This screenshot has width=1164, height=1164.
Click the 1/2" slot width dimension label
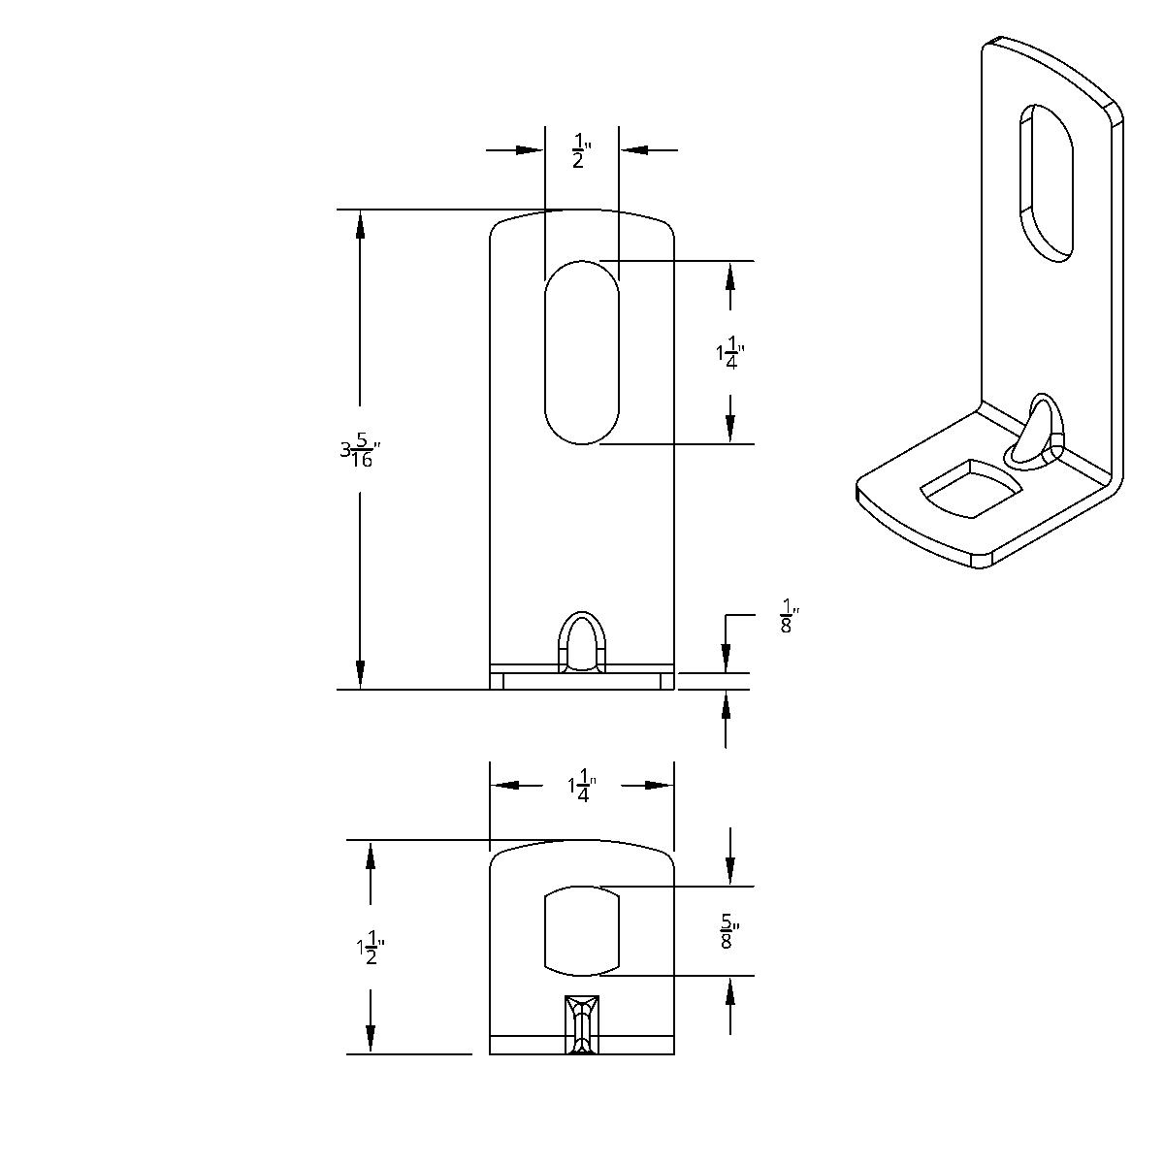point(581,152)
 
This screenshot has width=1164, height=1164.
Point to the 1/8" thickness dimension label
point(788,619)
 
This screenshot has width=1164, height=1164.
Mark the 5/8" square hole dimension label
point(731,931)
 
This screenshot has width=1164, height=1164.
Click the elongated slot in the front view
point(581,351)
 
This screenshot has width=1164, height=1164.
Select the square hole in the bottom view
point(581,930)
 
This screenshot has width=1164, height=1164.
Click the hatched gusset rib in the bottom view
point(582,1024)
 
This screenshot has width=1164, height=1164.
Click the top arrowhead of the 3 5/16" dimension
point(361,224)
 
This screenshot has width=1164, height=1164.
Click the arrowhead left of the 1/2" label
point(529,150)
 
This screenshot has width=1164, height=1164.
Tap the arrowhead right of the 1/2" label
point(634,150)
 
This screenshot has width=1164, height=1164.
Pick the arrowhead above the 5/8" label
point(730,871)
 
